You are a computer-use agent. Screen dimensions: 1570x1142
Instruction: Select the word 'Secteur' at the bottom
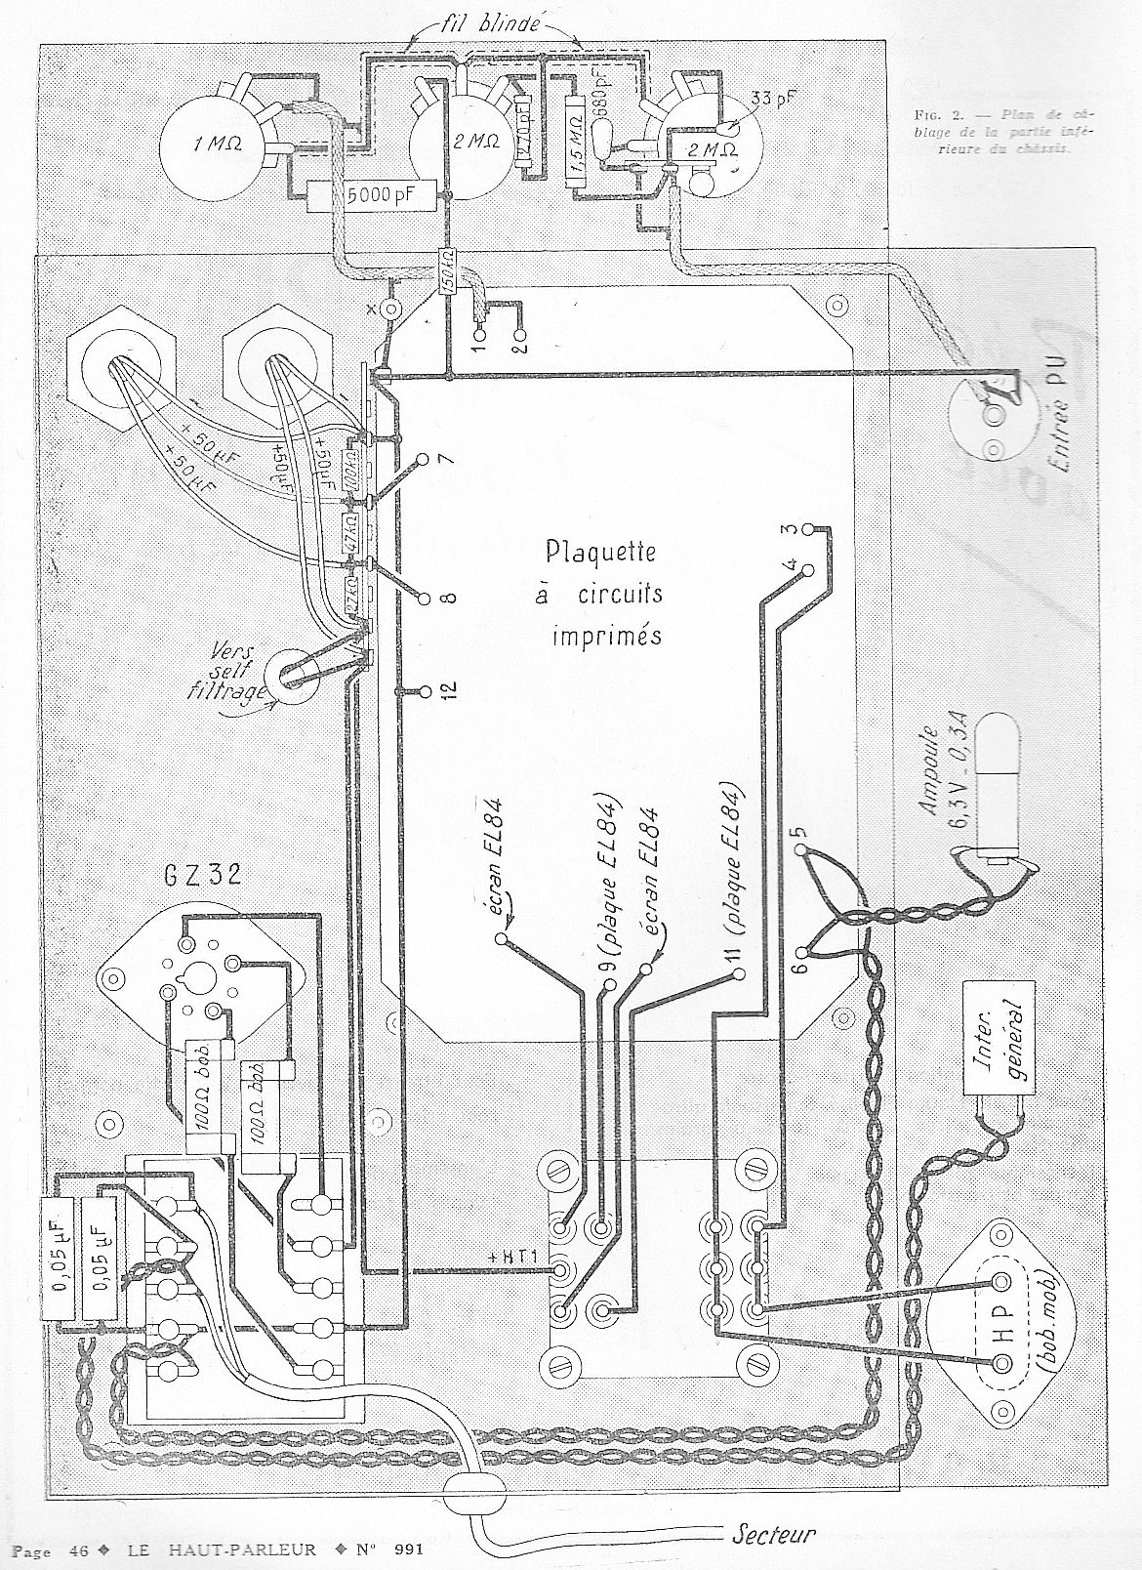[x=772, y=1533]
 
